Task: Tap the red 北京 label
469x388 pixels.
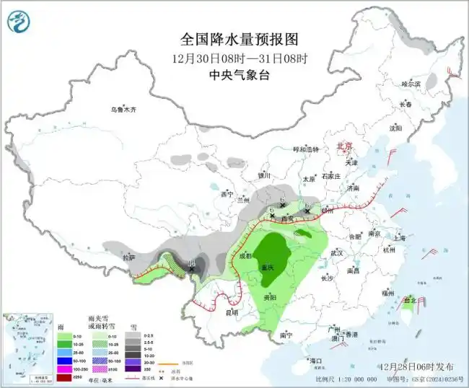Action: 345,146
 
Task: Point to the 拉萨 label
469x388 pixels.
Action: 128,257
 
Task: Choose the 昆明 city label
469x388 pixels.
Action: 231,313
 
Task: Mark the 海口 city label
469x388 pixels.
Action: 315,360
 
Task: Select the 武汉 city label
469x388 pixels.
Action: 337,253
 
